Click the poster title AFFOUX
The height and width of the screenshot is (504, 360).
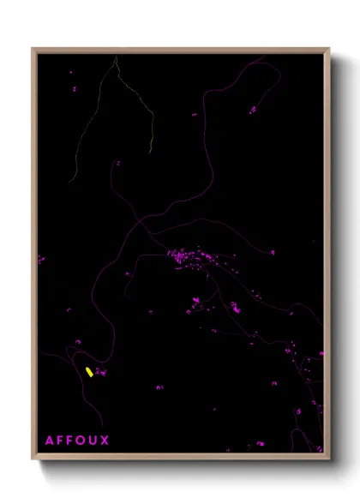coord(77,441)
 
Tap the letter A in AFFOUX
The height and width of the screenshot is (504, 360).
coord(50,441)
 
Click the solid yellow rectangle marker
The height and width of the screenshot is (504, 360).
coord(89,372)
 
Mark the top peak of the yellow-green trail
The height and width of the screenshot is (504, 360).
coord(116,57)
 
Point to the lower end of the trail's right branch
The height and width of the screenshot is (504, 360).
coord(151,153)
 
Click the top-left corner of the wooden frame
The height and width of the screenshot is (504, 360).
coord(33,48)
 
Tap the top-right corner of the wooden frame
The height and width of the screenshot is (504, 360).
coord(329,48)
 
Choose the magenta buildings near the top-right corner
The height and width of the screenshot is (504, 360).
coord(253,109)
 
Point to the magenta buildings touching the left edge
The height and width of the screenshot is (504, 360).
coord(39,258)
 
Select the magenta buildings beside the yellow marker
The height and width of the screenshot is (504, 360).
coord(100,372)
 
